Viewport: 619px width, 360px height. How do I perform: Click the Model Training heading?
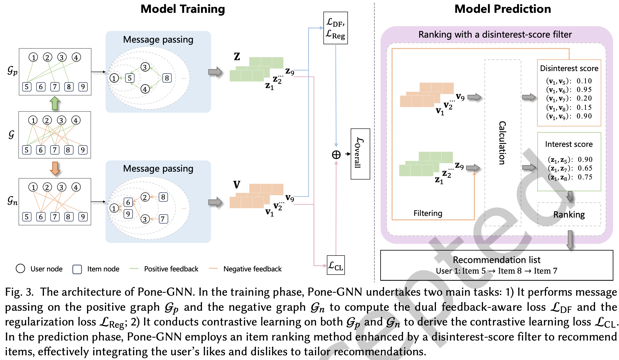pyautogui.click(x=182, y=9)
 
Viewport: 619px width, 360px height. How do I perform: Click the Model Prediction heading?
pyautogui.click(x=503, y=9)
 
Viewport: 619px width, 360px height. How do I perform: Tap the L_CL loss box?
pyautogui.click(x=336, y=265)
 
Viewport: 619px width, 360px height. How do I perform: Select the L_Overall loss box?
pyautogui.click(x=360, y=154)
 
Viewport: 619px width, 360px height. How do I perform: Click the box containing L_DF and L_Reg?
pyautogui.click(x=335, y=28)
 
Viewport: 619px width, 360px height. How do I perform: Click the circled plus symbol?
pyautogui.click(x=336, y=155)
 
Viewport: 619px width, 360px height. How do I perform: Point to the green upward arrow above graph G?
pyautogui.click(x=55, y=103)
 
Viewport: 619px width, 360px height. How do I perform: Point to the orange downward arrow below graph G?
pyautogui.click(x=55, y=168)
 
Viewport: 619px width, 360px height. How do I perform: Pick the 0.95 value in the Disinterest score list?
pyautogui.click(x=584, y=90)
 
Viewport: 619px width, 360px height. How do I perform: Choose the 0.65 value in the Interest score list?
pyautogui.click(x=585, y=168)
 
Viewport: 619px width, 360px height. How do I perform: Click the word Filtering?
pyautogui.click(x=428, y=213)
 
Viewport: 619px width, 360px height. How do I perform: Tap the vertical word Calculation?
pyautogui.click(x=502, y=143)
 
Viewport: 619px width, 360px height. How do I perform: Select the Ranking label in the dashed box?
pyautogui.click(x=569, y=215)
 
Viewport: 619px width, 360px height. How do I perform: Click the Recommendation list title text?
pyautogui.click(x=496, y=260)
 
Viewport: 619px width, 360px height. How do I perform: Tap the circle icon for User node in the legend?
pyautogui.click(x=20, y=269)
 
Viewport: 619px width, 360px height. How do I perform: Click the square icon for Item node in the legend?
pyautogui.click(x=77, y=269)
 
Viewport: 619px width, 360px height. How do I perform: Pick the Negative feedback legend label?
pyautogui.click(x=252, y=269)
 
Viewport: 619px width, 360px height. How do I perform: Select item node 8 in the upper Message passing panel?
pyautogui.click(x=167, y=78)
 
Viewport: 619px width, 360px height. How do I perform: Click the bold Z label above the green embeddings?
pyautogui.click(x=237, y=57)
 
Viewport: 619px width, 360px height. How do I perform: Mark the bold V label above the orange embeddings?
pyautogui.click(x=237, y=184)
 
